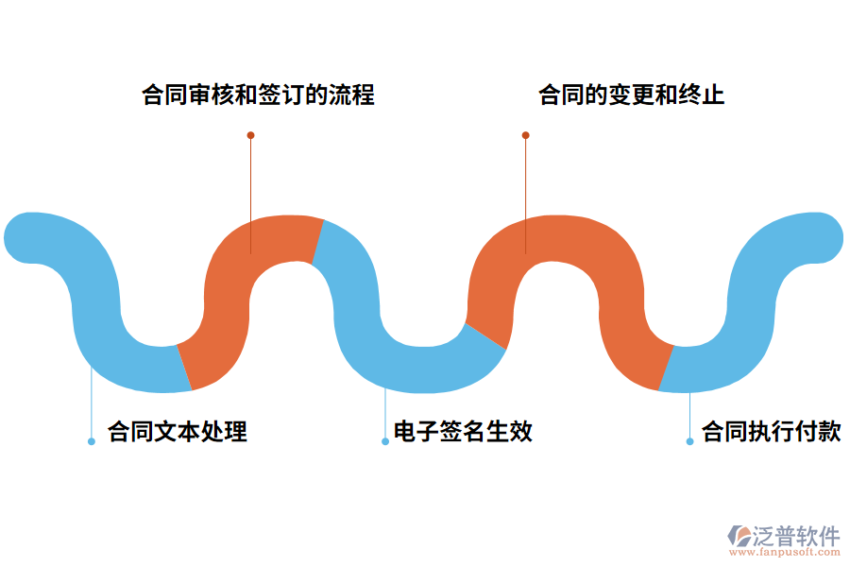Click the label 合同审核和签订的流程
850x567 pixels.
pyautogui.click(x=258, y=95)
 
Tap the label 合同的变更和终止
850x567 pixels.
pyautogui.click(x=631, y=95)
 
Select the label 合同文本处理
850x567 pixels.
pyautogui.click(x=178, y=432)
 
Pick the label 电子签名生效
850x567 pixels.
pyautogui.click(x=463, y=432)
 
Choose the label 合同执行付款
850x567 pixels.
pyautogui.click(x=771, y=432)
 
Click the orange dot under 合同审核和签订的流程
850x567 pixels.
pyautogui.click(x=250, y=135)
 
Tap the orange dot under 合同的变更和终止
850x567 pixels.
pyautogui.click(x=526, y=135)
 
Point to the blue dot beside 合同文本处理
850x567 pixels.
pyautogui.click(x=92, y=441)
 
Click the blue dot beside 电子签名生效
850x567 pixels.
pyautogui.click(x=385, y=441)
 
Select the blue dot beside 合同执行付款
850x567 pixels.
pyautogui.click(x=690, y=441)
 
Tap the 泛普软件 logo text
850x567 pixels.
pyautogui.click(x=796, y=536)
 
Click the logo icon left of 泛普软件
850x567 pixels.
pyautogui.click(x=739, y=536)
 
